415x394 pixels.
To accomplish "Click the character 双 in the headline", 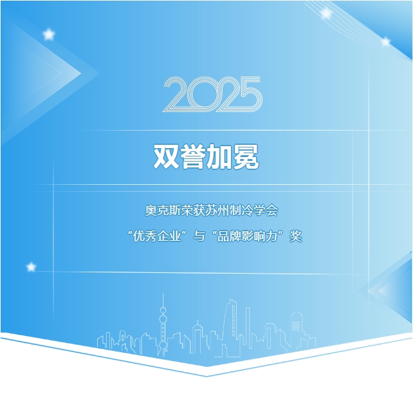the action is (167, 156).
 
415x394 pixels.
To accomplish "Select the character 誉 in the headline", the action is (193, 156).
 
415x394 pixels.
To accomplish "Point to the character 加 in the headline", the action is (219, 156).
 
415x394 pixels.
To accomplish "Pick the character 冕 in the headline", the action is (246, 156).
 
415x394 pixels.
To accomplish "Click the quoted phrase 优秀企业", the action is (157, 236).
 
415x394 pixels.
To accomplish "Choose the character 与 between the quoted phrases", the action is (199, 236).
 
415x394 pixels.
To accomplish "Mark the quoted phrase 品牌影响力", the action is (247, 236).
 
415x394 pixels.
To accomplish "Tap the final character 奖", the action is (295, 236).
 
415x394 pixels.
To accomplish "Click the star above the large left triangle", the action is (49, 34).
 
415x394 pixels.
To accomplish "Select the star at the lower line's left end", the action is (32, 267).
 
